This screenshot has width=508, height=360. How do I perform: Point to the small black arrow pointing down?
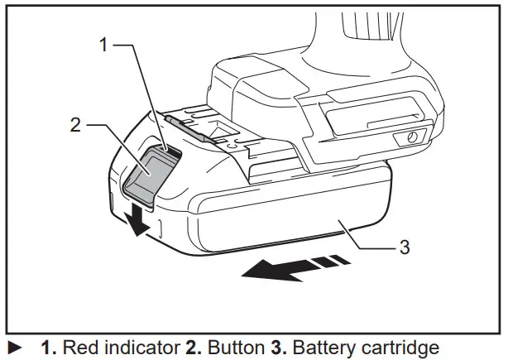click(134, 219)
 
